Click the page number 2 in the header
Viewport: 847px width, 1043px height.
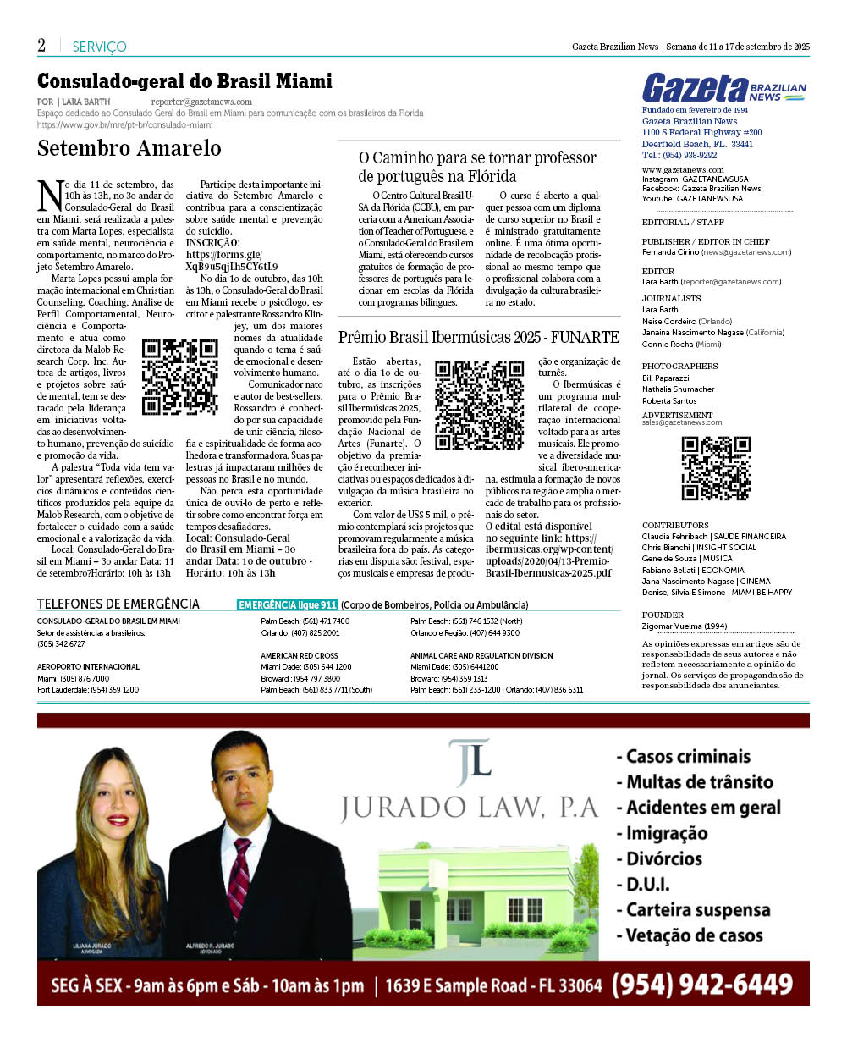tap(41, 46)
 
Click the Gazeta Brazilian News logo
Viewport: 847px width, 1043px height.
tap(724, 88)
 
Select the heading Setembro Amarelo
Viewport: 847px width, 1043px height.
tap(129, 148)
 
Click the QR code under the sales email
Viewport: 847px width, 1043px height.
tap(716, 468)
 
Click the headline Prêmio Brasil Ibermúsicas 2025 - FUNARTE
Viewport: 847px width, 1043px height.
tap(478, 337)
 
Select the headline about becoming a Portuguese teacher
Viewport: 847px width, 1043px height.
tap(477, 167)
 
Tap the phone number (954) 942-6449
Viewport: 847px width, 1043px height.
tap(701, 984)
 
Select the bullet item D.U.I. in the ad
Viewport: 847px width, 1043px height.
tap(648, 885)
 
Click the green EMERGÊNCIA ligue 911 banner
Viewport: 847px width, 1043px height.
tap(288, 605)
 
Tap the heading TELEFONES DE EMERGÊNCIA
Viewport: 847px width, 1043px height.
tap(118, 604)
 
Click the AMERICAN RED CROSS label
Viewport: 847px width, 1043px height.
tap(300, 655)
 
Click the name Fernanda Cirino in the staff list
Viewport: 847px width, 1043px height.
tap(670, 252)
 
